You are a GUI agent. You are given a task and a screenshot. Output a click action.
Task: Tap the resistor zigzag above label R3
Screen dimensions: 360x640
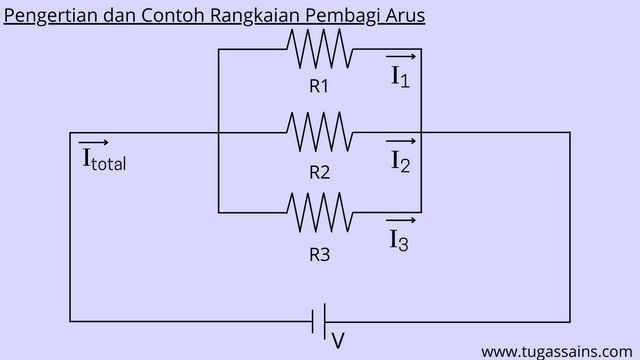coord(319,212)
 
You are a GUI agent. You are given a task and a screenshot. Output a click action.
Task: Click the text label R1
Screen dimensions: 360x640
coord(319,86)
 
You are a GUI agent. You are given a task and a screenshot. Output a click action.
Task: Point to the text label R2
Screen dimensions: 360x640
coord(319,172)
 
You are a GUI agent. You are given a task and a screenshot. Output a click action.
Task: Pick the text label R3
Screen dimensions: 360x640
coord(319,254)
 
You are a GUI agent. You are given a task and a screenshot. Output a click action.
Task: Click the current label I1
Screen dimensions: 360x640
coord(400,76)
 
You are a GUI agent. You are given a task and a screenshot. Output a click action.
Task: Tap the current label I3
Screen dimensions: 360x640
coord(398,240)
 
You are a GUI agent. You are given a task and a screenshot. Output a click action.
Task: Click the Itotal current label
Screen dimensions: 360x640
coord(103,160)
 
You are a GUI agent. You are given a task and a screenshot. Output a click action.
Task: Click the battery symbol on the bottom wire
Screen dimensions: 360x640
coord(320,321)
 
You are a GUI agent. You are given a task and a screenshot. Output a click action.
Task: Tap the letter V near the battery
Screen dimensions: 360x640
coord(338,341)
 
